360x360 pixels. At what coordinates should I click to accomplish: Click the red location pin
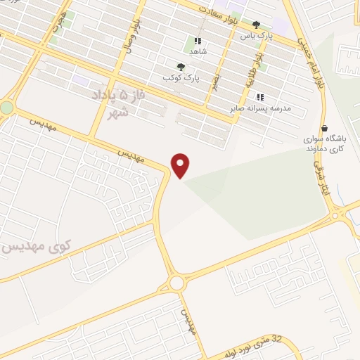tap(181, 165)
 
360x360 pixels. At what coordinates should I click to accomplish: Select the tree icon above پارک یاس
tap(256, 25)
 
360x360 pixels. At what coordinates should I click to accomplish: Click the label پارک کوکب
tap(179, 77)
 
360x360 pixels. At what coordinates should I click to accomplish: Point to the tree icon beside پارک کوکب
tap(182, 67)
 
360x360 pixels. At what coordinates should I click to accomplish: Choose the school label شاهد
tap(199, 51)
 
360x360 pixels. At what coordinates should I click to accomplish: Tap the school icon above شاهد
tap(199, 41)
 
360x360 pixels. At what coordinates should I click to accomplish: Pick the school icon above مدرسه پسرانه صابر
tap(259, 97)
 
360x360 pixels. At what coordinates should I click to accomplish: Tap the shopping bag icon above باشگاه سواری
tap(324, 128)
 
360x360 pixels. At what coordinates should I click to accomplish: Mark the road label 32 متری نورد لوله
tap(254, 345)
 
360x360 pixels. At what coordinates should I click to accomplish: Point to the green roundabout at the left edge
tap(6, 108)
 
